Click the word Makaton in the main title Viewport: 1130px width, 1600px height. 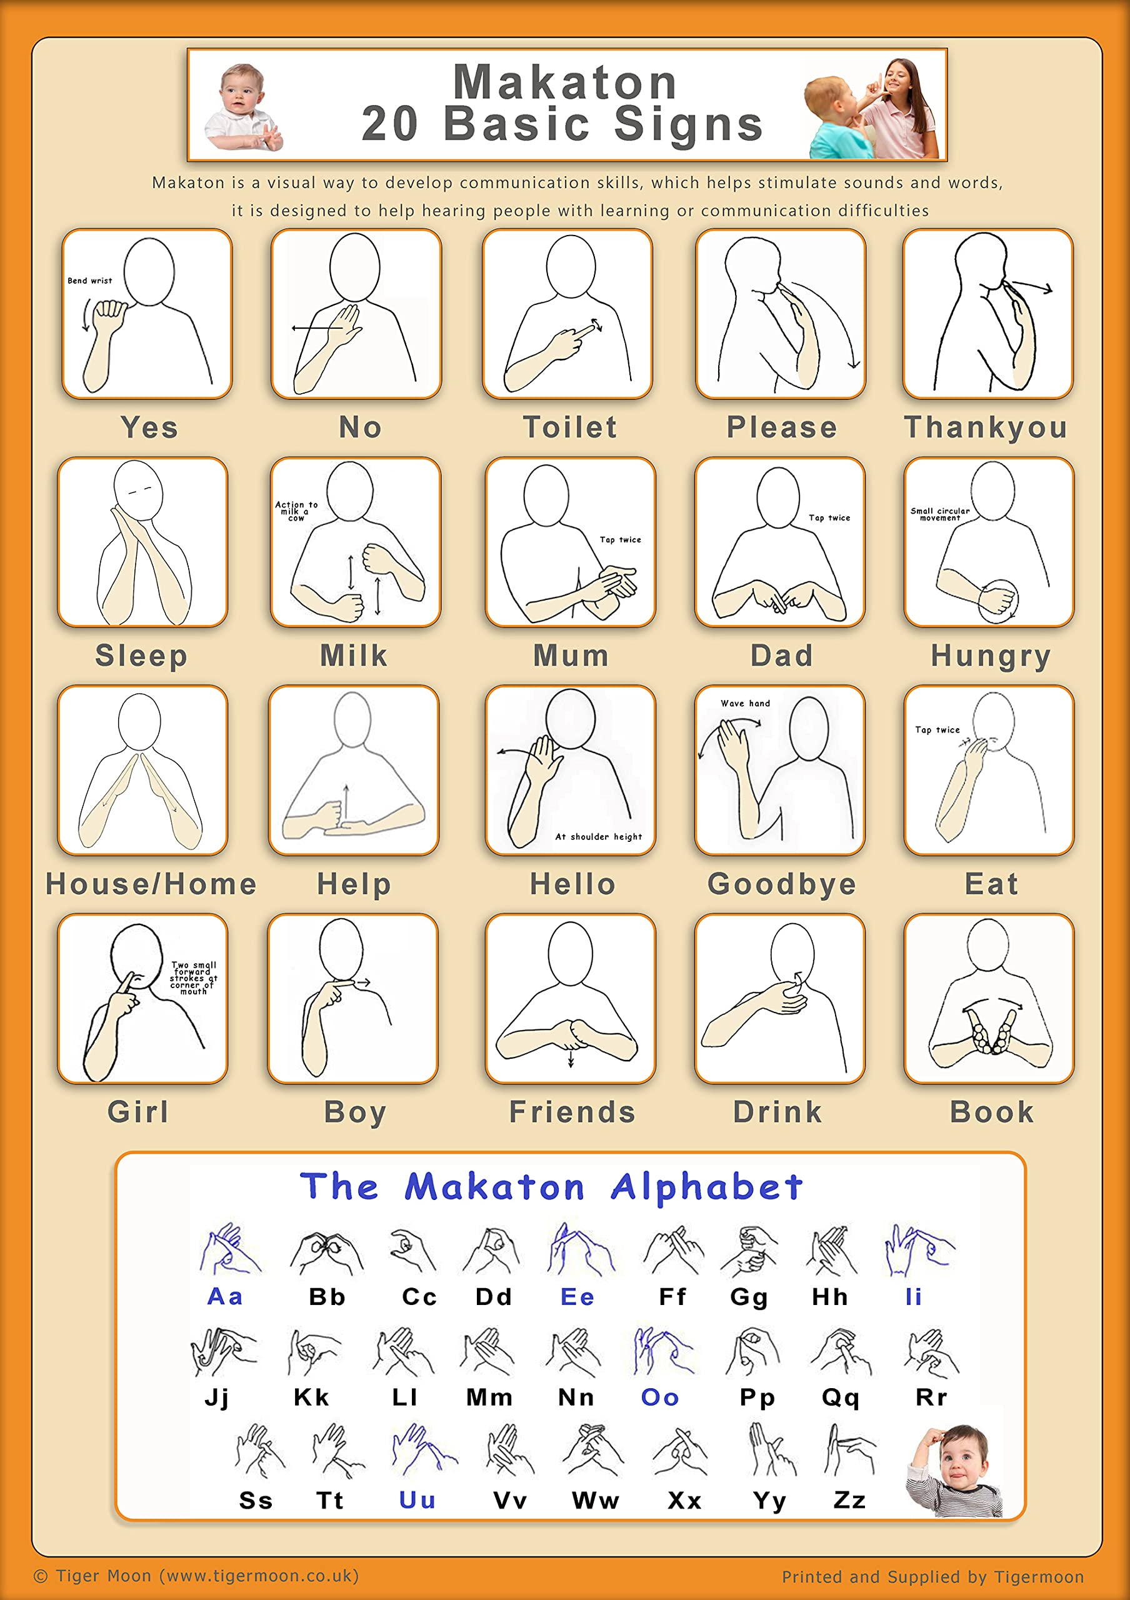click(x=565, y=82)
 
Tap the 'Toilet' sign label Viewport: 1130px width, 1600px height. click(x=570, y=427)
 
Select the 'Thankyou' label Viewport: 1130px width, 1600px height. click(x=986, y=427)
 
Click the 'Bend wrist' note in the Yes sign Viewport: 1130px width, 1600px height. click(x=90, y=281)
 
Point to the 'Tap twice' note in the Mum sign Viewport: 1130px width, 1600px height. click(x=620, y=539)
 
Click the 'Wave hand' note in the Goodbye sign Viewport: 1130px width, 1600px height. click(x=746, y=703)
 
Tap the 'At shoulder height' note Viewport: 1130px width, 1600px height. click(x=599, y=836)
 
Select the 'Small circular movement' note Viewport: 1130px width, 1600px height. click(x=940, y=514)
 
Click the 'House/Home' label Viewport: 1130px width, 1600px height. click(x=151, y=884)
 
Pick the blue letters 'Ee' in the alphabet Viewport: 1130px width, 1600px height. click(x=577, y=1297)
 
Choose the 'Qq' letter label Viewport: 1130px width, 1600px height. click(x=840, y=1397)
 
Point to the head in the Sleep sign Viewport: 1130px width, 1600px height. click(x=138, y=489)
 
